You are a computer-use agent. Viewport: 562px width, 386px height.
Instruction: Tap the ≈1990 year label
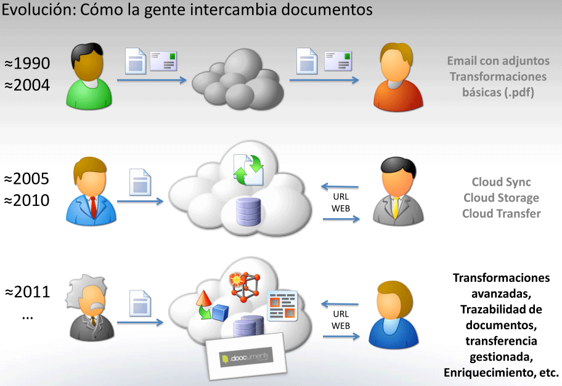click(x=27, y=63)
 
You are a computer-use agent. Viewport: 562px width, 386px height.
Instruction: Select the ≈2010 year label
click(x=27, y=200)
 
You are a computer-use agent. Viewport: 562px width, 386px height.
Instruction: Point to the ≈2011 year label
click(x=27, y=292)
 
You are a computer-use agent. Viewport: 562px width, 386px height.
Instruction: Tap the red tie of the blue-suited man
click(x=93, y=207)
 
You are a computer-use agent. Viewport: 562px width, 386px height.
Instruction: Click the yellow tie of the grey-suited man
click(x=395, y=208)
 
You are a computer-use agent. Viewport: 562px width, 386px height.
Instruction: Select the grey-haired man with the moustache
click(x=90, y=308)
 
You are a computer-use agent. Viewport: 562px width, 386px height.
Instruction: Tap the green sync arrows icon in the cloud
click(x=249, y=168)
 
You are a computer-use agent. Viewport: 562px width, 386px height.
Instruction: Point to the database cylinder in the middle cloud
click(x=248, y=211)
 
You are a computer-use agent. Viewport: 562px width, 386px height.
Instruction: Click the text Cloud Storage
click(x=500, y=198)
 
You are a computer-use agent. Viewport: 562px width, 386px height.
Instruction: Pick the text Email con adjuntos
click(x=498, y=61)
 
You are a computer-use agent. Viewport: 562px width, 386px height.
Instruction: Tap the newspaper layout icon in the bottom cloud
click(x=282, y=305)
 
